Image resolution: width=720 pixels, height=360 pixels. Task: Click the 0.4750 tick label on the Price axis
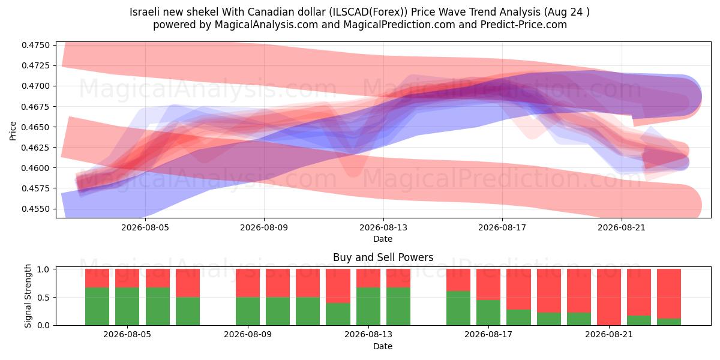pyautogui.click(x=35, y=46)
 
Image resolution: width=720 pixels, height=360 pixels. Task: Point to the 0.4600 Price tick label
pyautogui.click(x=35, y=168)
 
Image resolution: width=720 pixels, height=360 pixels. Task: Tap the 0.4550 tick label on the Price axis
pyautogui.click(x=35, y=209)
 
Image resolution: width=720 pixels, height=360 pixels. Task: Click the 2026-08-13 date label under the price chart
pyautogui.click(x=383, y=227)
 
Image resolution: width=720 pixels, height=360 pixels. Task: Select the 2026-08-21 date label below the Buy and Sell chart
pyautogui.click(x=609, y=334)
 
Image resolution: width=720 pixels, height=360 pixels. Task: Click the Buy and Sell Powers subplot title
pyautogui.click(x=383, y=257)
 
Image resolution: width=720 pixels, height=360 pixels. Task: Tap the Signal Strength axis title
pyautogui.click(x=28, y=296)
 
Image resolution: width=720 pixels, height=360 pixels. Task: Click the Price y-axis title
pyautogui.click(x=13, y=131)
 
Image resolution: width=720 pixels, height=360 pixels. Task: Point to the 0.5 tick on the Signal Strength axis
pyautogui.click(x=43, y=298)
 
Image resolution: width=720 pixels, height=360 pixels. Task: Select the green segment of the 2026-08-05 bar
pyautogui.click(x=127, y=307)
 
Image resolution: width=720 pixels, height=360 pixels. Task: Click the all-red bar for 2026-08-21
pyautogui.click(x=609, y=297)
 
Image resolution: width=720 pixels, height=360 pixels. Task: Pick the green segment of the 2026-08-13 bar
pyautogui.click(x=368, y=307)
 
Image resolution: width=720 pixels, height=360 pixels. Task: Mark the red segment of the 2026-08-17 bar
pyautogui.click(x=488, y=284)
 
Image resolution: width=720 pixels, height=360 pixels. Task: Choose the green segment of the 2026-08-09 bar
pyautogui.click(x=248, y=311)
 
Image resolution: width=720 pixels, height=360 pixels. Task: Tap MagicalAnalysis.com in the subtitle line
pyautogui.click(x=266, y=25)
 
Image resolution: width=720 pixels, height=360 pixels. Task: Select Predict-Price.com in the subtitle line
pyautogui.click(x=524, y=25)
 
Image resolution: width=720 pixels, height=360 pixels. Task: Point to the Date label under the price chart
pyautogui.click(x=383, y=239)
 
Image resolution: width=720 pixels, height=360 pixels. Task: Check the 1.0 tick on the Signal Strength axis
pyautogui.click(x=43, y=269)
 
